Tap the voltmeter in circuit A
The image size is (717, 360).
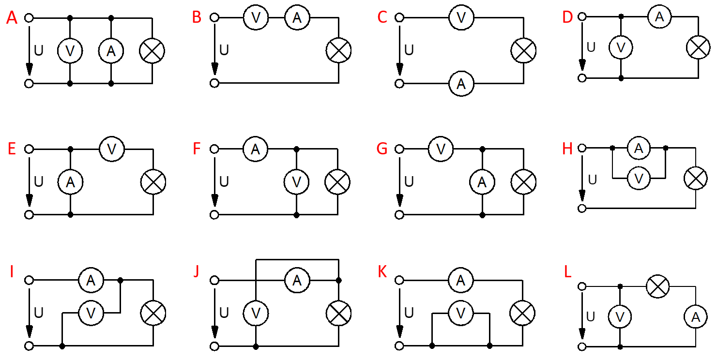coord(70,51)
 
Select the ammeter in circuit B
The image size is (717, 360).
coord(297,18)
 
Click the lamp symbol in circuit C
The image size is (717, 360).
coord(523,51)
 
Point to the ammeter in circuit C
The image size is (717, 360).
coord(461,84)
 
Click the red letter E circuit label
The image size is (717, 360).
coord(12,150)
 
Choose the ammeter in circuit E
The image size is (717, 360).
coord(71,182)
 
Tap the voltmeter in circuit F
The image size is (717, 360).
coord(297,182)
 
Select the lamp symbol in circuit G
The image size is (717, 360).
coord(523,182)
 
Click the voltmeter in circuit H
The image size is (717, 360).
coord(639,179)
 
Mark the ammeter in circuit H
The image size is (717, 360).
coord(639,148)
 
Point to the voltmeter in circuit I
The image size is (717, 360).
coord(91,313)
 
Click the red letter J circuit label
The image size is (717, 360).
coord(196,272)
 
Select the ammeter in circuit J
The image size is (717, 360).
coord(297,280)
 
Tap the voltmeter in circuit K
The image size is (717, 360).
coord(461,313)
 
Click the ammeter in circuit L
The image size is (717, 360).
coord(696,317)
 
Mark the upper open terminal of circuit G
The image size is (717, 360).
coord(399,149)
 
